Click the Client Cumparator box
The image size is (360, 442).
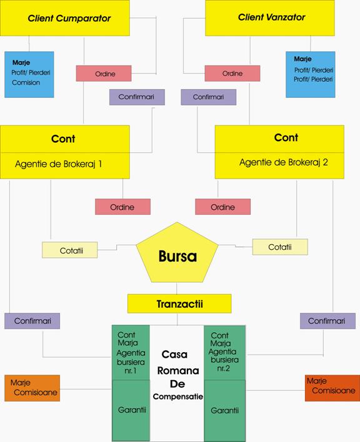coord(65,18)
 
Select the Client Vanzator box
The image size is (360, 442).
coord(270,18)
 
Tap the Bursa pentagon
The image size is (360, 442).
coord(177,253)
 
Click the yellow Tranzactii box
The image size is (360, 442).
coord(179,303)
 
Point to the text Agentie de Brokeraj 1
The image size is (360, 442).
coord(58,164)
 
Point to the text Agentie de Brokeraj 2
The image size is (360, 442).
coord(284,162)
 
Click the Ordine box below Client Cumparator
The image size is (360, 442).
coord(104,74)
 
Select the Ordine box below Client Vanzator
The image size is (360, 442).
coord(232,73)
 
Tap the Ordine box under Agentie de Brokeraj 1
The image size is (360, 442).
coord(122,207)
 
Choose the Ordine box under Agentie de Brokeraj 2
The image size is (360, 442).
coord(223,207)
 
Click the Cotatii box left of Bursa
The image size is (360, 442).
coord(69,250)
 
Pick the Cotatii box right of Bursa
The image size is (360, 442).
coord(280,247)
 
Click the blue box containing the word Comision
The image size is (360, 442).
coord(29,74)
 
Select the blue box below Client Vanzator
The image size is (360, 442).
coord(311,74)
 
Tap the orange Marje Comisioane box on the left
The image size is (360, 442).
coord(32,388)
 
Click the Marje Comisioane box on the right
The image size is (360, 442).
coord(332,388)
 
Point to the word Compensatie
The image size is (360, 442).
coord(177,396)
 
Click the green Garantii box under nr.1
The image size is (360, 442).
coord(131,410)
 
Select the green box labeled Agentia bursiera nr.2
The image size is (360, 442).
coord(224,352)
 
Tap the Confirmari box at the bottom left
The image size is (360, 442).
coord(32,321)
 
